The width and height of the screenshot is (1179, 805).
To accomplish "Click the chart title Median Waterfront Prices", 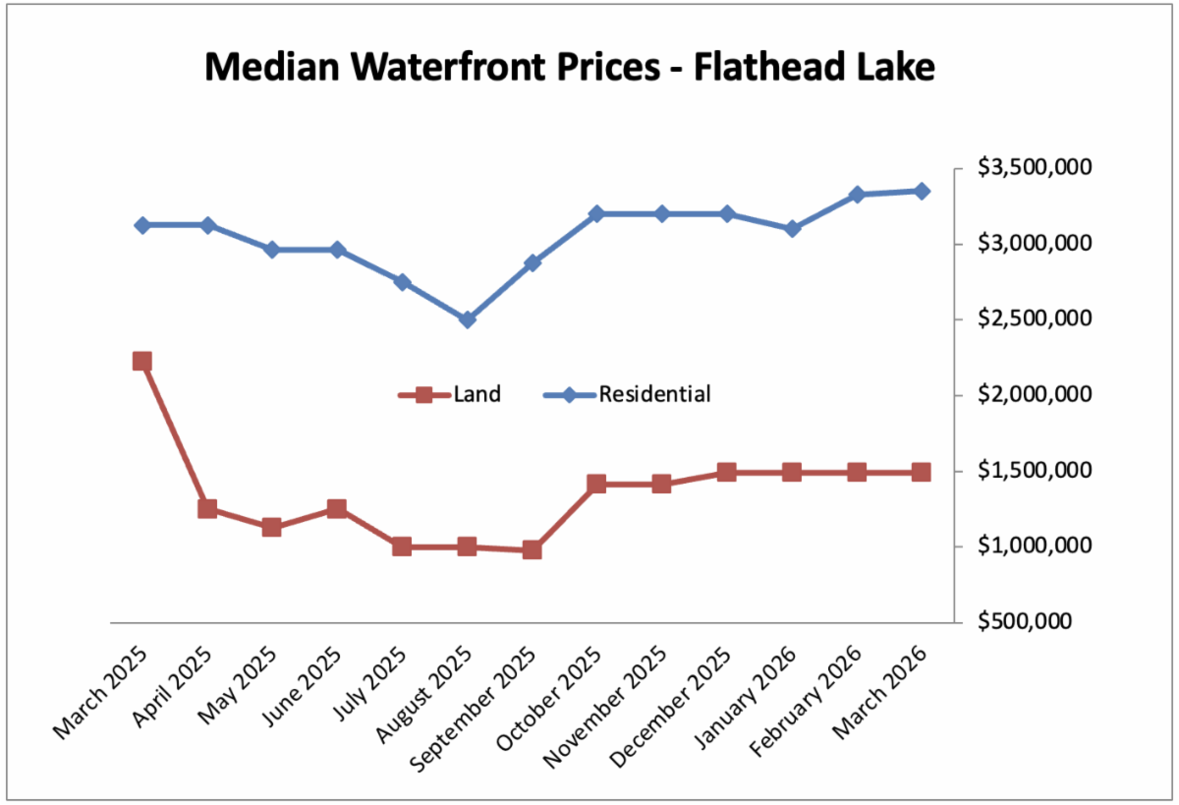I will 570,68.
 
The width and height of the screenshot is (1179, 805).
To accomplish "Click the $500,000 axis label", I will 1047,622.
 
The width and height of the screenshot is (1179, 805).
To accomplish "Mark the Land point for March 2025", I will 142,361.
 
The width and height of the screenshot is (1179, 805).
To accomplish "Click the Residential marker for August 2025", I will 468,319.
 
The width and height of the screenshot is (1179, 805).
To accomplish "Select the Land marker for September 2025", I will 533,549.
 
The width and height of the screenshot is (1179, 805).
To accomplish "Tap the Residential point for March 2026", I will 922,191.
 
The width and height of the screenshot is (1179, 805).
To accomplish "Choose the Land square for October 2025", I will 597,484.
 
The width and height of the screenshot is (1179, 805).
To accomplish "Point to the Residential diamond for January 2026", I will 792,229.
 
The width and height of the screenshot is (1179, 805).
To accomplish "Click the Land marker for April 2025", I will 207,509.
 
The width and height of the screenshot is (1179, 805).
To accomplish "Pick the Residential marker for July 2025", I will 403,282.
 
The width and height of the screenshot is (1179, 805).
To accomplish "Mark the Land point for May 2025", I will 272,527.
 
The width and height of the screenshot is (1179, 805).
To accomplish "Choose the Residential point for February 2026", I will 857,195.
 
